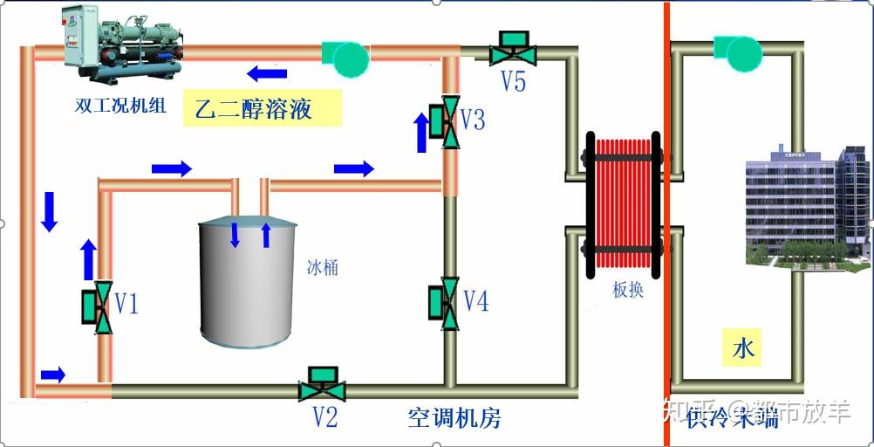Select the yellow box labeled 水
[742, 349]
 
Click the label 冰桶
[321, 267]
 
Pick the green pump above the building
[733, 52]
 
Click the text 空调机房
[454, 417]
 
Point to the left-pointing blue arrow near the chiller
[266, 72]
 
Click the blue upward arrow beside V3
[421, 132]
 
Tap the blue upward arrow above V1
[88, 259]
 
